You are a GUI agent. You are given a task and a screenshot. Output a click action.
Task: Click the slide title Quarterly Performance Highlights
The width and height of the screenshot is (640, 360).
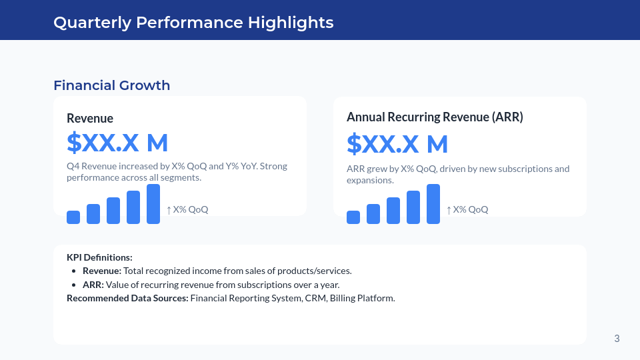[x=193, y=22]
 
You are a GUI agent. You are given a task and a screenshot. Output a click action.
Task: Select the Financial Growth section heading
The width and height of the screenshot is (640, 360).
[x=111, y=85]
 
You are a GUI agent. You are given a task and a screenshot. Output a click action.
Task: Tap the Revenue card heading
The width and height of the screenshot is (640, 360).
[x=90, y=118]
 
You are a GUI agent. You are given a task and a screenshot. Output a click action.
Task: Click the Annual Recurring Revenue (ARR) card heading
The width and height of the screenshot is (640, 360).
[x=435, y=117]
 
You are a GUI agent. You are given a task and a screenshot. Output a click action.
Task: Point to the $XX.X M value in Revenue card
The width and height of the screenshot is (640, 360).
[x=117, y=143]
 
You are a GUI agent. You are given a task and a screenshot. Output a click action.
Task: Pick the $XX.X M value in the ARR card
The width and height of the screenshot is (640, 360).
[x=397, y=144]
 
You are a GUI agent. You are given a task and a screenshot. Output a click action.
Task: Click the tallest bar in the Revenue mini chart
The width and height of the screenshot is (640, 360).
[x=153, y=204]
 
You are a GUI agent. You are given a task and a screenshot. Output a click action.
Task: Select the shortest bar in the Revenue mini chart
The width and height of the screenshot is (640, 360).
[x=73, y=217]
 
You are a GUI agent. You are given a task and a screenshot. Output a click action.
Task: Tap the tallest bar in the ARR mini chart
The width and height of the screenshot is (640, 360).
[x=433, y=204]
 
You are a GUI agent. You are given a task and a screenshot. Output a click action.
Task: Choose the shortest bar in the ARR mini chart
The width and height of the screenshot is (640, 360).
[x=353, y=217]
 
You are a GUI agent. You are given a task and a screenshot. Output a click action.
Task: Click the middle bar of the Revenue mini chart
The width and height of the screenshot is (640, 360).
[x=113, y=211]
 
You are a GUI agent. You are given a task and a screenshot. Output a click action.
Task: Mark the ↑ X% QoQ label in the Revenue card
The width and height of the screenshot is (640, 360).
[x=187, y=209]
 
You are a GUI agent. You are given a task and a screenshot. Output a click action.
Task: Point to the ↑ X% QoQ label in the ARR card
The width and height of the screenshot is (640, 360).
[x=467, y=209]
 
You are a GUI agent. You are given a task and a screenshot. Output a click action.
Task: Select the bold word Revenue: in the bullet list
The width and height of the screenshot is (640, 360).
[x=102, y=271]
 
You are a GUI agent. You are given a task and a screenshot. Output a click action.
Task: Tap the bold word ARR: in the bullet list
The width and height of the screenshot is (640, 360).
[x=93, y=285]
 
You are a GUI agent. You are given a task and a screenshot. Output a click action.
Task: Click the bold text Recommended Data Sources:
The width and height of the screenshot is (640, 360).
[x=127, y=298]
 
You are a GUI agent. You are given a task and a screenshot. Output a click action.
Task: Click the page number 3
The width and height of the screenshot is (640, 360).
[x=617, y=339]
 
